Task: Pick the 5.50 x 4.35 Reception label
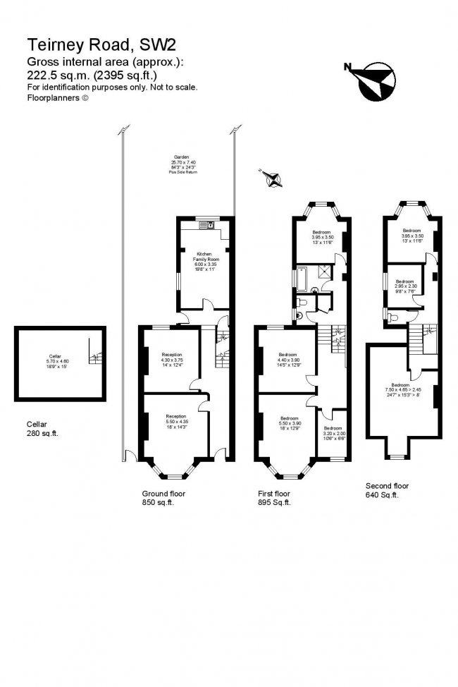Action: coord(176,421)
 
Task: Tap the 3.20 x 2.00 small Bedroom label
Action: coord(333,432)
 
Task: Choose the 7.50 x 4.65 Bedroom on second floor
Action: coord(400,388)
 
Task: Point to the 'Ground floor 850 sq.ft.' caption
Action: coord(163,498)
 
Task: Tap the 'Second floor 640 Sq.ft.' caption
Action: coord(387,490)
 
